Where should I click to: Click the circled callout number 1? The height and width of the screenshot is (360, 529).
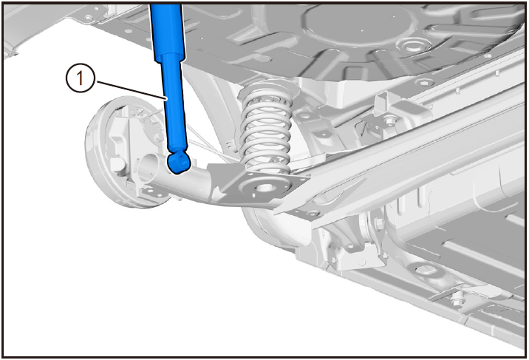coord(80,78)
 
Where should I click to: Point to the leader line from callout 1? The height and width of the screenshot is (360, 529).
coord(130,89)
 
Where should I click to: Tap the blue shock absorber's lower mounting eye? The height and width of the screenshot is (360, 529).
coord(179,162)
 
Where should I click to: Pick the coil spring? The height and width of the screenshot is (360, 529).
coord(265,128)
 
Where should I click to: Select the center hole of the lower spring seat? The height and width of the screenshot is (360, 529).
coord(264,186)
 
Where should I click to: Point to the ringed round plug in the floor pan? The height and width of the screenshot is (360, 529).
coord(409,45)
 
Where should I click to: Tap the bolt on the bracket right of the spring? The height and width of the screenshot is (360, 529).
coord(390,119)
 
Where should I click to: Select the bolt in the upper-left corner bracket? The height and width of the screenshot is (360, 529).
coord(89,18)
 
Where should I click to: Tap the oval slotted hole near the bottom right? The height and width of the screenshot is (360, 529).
coord(423,271)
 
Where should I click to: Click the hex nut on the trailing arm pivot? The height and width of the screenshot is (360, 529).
coord(378,223)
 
